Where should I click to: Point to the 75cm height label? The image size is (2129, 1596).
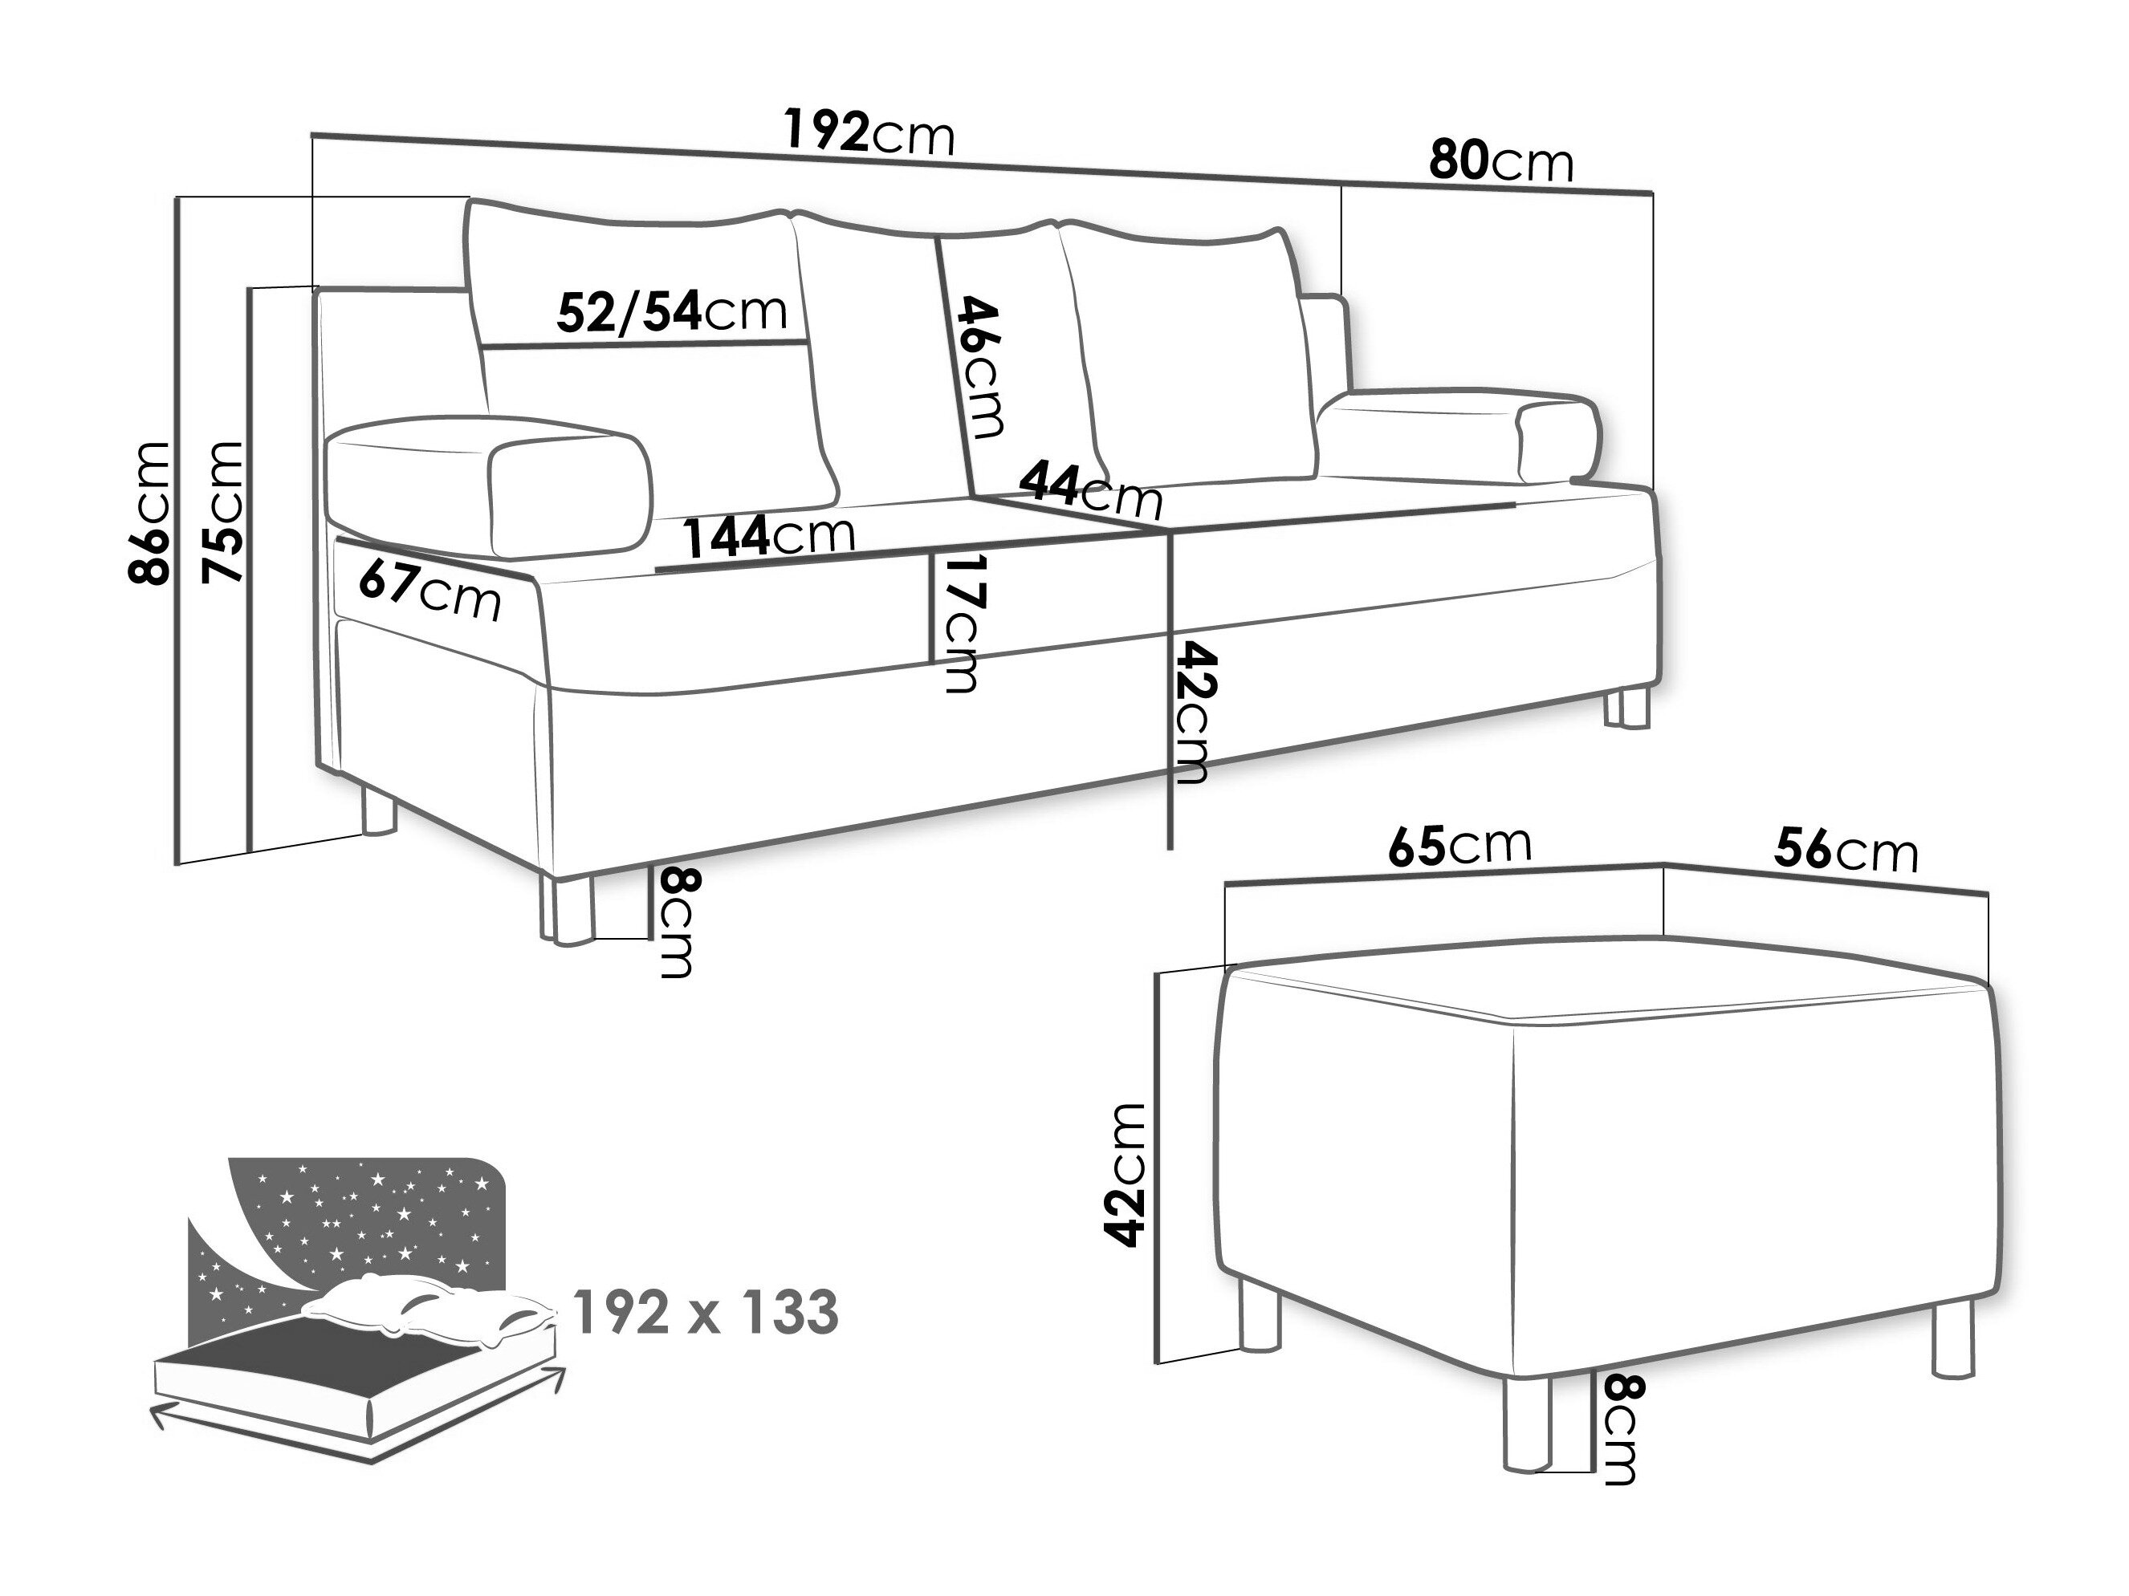coord(222,513)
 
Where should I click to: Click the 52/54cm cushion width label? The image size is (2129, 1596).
coord(672,310)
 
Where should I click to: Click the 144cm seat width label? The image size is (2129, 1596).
coord(769,535)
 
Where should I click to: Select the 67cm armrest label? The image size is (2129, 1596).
coord(429,590)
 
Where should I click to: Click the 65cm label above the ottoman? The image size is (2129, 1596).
coord(1459,843)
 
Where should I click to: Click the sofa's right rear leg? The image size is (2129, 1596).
coord(1626,707)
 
